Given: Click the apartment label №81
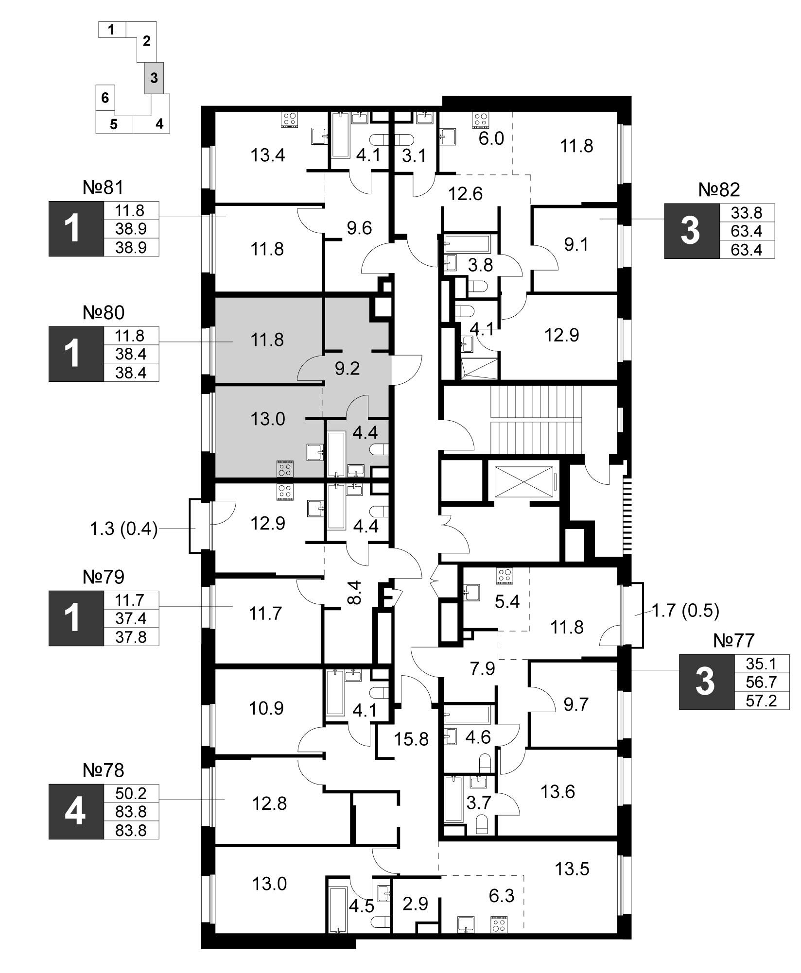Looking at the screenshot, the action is pos(104,188).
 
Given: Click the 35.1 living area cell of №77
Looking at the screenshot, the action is pos(762,664).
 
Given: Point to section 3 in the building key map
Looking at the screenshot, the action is pos(154,78).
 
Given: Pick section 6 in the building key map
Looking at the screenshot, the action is pos(105,98).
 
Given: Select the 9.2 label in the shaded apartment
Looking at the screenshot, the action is pos(348,369).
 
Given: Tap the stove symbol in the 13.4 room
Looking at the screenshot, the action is pos(290,120).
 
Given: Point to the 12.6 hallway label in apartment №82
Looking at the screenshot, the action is pos(466,194).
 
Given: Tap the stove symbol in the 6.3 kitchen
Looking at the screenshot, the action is pos(498,923).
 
